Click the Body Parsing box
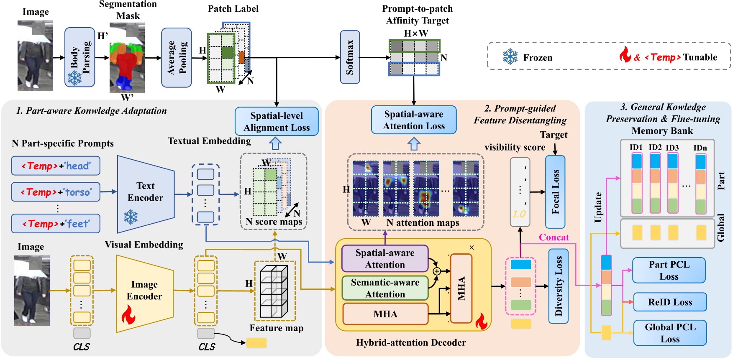click(x=79, y=57)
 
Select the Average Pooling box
click(x=176, y=58)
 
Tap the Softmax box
click(x=350, y=57)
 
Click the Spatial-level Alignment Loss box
click(x=277, y=121)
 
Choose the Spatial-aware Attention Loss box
click(x=413, y=120)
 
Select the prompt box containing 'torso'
click(x=56, y=192)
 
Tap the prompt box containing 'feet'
click(x=56, y=224)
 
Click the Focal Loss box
click(x=555, y=192)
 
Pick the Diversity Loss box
click(x=558, y=286)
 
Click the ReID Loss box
click(x=669, y=302)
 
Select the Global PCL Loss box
click(x=669, y=333)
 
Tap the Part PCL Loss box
click(x=669, y=271)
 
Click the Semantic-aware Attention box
click(x=385, y=288)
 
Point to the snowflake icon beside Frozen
click(x=510, y=57)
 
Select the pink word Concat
click(x=554, y=237)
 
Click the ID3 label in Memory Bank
click(x=672, y=148)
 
